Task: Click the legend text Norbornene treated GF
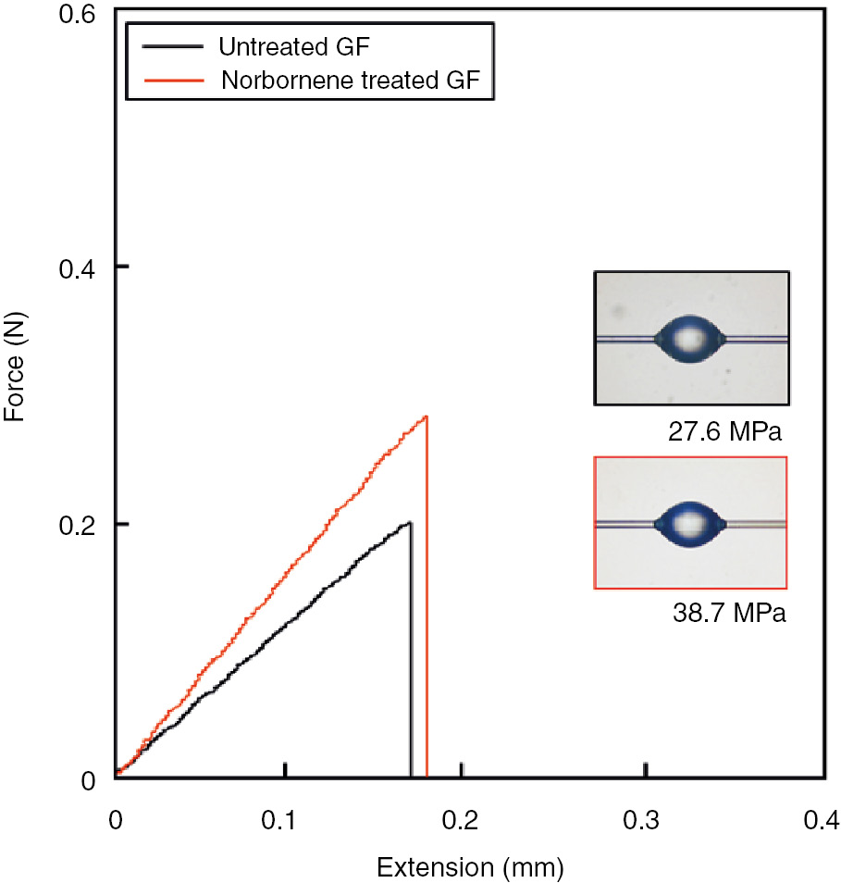coord(350,79)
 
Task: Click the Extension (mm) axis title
coord(469,867)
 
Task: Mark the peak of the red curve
coord(426,417)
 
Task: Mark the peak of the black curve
coord(408,523)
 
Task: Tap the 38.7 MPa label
coord(730,613)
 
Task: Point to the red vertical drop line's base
coord(427,776)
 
